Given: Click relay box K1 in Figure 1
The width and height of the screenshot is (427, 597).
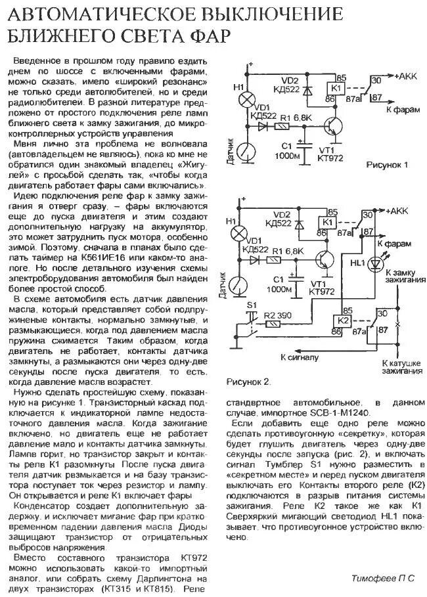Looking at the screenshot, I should coord(336,88).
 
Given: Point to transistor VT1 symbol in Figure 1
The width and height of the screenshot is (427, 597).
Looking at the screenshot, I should coord(338,126).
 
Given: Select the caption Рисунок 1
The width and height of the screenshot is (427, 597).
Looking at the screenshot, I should coord(387,166).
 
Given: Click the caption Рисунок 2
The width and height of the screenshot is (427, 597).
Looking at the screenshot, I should coord(248,381).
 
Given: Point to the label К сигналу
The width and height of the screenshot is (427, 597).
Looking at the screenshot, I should coord(300,358).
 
